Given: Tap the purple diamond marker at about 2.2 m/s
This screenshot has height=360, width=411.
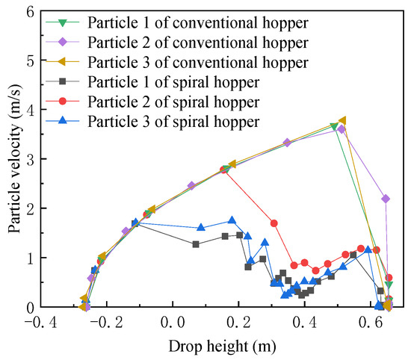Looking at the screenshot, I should (386, 199).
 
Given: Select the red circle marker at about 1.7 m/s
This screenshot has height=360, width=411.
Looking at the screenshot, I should (274, 223).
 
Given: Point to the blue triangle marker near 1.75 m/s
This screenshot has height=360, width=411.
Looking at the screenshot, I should (232, 220).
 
